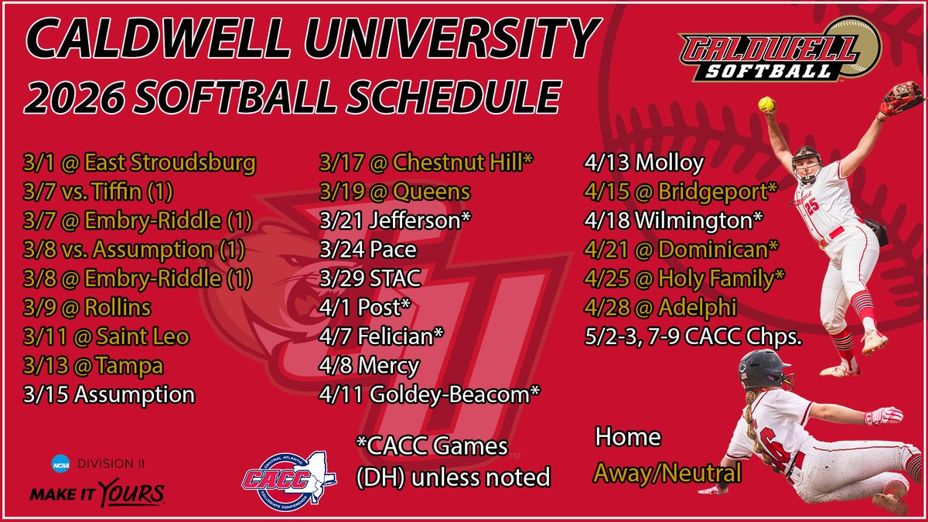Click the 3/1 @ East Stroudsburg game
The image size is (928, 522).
(x=139, y=164)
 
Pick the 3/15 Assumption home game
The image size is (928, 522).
(x=108, y=394)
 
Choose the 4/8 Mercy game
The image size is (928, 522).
(x=369, y=366)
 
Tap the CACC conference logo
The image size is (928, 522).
(x=288, y=471)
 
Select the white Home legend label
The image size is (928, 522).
(x=627, y=438)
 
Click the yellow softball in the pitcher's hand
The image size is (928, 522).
(x=766, y=104)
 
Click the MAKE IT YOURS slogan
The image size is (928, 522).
(x=97, y=493)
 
